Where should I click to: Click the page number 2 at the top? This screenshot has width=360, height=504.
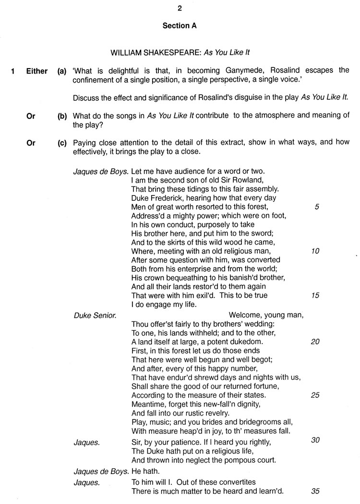[x=180, y=8]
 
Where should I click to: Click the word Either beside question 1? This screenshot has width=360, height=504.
[x=37, y=71]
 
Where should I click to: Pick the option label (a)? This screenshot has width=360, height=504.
[x=62, y=71]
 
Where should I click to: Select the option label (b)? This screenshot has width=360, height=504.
[x=62, y=116]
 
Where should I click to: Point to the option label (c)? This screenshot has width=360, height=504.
[x=62, y=143]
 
